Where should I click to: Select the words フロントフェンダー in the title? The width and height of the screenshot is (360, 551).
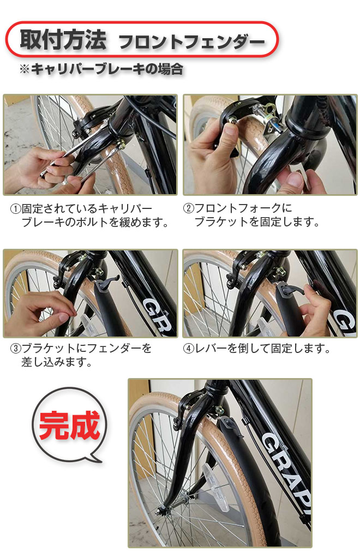point(191,41)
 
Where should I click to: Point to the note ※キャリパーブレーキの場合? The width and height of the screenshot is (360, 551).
point(100,69)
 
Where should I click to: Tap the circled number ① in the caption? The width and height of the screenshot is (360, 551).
point(15,209)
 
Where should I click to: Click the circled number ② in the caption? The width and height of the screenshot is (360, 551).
point(188,209)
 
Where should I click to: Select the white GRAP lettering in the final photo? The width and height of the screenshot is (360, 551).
point(284,453)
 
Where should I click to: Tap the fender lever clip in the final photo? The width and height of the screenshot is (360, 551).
point(231,423)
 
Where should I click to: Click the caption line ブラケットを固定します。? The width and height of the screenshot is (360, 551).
point(256,223)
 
